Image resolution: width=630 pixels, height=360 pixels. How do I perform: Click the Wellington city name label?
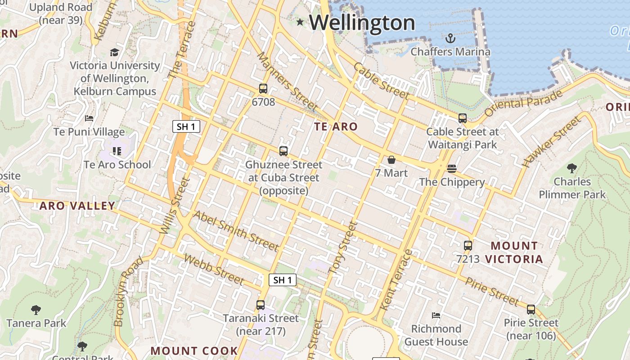362,22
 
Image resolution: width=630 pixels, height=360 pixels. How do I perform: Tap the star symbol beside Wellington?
300,22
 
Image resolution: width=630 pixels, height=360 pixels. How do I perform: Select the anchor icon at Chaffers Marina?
450,38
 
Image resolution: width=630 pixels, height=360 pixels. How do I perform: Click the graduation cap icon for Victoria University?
115,52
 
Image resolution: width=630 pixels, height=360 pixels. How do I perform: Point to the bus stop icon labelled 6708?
263,89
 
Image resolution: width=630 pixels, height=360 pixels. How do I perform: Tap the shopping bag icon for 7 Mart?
391,160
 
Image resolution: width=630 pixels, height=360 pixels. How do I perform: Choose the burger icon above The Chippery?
452,169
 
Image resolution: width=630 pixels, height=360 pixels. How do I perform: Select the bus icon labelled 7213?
468,246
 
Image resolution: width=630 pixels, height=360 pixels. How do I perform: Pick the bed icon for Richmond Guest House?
436,315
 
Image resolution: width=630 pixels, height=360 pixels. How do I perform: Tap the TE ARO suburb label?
336,127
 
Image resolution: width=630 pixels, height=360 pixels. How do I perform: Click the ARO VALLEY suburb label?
77,206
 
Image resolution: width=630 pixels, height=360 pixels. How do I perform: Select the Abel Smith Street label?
235,230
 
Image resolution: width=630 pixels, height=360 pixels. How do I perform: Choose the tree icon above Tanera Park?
36,310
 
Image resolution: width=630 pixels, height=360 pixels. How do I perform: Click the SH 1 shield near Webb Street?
283,280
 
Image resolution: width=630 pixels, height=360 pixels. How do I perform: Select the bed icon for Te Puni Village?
89,118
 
